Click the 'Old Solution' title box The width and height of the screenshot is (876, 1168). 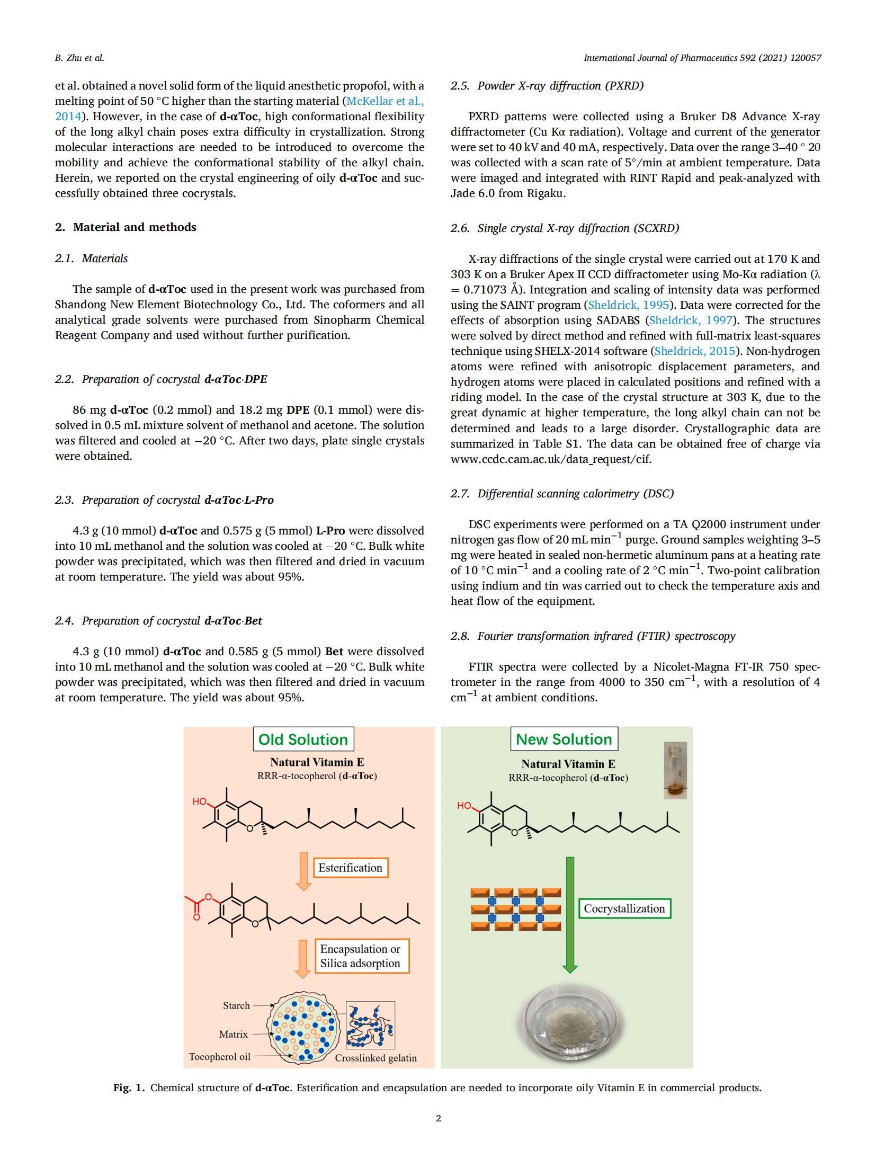tap(302, 739)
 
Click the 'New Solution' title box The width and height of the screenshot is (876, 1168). tap(564, 739)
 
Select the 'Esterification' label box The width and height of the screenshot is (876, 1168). tap(350, 868)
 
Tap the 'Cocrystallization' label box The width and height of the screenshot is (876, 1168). tap(624, 908)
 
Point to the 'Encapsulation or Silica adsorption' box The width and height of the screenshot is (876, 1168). tap(360, 956)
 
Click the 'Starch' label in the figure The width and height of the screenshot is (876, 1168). tap(236, 1005)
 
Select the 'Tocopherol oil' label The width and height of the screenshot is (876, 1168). tap(219, 1057)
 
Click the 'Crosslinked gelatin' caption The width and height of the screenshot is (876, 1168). tap(376, 1058)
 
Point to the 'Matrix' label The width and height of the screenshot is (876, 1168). tap(233, 1034)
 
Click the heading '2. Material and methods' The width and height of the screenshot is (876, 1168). tap(126, 227)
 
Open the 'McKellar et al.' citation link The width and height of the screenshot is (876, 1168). tap(385, 101)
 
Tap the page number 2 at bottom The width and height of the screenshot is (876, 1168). tap(438, 1118)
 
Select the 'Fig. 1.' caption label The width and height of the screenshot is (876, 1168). tap(128, 1088)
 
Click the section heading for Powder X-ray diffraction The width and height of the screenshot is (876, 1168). tap(547, 86)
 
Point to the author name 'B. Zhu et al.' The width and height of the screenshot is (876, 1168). tap(79, 58)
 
